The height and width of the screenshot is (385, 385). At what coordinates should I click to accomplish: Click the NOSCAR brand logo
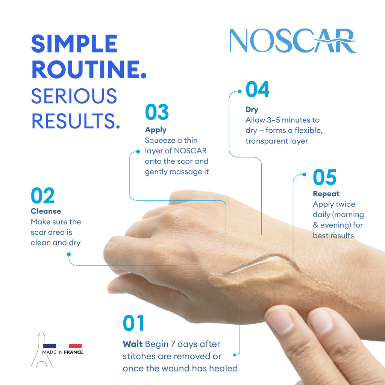pyautogui.click(x=293, y=41)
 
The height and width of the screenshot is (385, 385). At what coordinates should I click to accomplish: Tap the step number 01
pyautogui.click(x=133, y=324)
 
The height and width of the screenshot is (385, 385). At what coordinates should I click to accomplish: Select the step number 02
pyautogui.click(x=42, y=196)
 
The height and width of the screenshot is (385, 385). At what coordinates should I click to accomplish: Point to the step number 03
pyautogui.click(x=157, y=113)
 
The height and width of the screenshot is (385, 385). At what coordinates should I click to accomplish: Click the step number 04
pyautogui.click(x=258, y=90)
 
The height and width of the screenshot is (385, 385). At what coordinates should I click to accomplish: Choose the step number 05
pyautogui.click(x=324, y=177)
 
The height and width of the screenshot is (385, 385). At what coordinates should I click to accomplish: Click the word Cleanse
pyautogui.click(x=46, y=211)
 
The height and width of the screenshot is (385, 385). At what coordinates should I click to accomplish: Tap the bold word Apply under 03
pyautogui.click(x=156, y=130)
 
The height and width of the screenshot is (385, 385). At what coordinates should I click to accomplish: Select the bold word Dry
pyautogui.click(x=252, y=110)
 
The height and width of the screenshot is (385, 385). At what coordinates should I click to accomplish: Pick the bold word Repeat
pyautogui.click(x=326, y=194)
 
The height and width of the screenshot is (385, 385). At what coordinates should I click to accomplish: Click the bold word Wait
pyautogui.click(x=133, y=344)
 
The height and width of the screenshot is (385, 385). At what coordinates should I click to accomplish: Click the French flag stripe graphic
pyautogui.click(x=62, y=346)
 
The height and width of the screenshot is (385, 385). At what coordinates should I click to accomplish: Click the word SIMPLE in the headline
pyautogui.click(x=74, y=44)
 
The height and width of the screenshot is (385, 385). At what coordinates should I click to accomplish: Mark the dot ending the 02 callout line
pyautogui.click(x=68, y=254)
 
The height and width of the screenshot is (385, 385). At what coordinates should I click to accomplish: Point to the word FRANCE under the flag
pyautogui.click(x=73, y=352)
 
